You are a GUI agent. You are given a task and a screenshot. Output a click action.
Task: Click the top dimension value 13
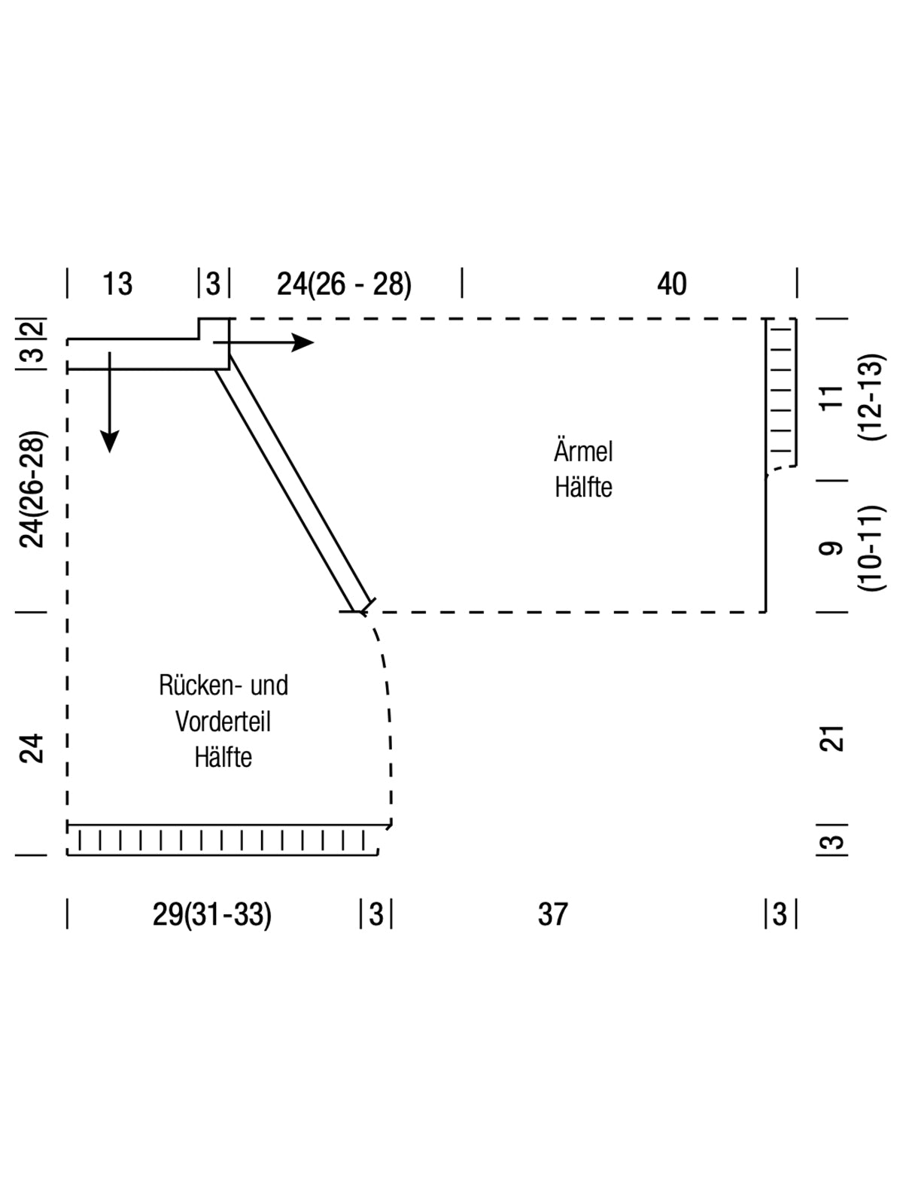[x=117, y=284]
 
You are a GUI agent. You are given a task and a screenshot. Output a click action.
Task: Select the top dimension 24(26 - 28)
[x=344, y=284]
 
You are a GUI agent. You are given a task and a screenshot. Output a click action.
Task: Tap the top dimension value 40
[x=671, y=284]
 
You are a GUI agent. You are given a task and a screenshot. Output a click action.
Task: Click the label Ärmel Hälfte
[x=583, y=470]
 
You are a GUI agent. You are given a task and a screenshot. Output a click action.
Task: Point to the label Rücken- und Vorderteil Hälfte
[x=223, y=721]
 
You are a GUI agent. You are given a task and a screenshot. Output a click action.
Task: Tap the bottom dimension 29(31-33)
[x=212, y=915]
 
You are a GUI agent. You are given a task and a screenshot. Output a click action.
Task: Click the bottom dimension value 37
[x=552, y=915]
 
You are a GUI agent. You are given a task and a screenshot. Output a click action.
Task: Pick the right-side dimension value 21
[x=832, y=739]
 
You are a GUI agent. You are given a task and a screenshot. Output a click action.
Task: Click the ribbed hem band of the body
[x=223, y=840]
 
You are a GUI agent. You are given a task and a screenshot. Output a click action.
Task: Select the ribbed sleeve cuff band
[x=781, y=394]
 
